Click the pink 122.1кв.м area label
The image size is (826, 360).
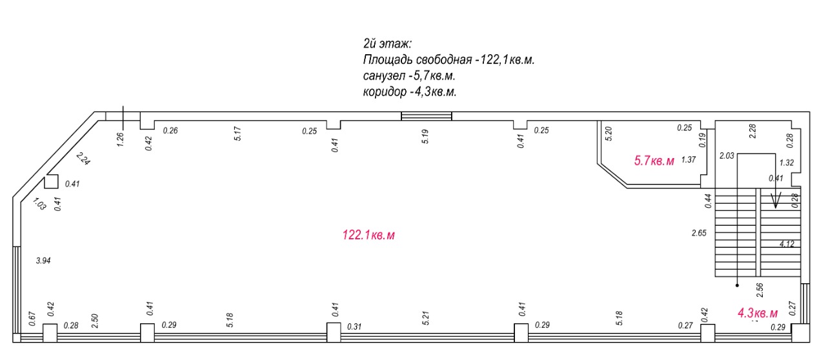368,235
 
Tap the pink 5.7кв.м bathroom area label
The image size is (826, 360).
654,161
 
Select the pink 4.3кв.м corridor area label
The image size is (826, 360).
758,313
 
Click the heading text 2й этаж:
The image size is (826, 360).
387,44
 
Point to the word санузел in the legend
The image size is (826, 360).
383,76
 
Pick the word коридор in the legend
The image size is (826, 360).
385,92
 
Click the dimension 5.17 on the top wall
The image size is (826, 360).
238,134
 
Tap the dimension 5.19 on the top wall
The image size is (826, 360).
425,137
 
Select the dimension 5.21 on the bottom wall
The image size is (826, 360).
426,318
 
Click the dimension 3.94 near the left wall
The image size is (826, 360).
43,261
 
